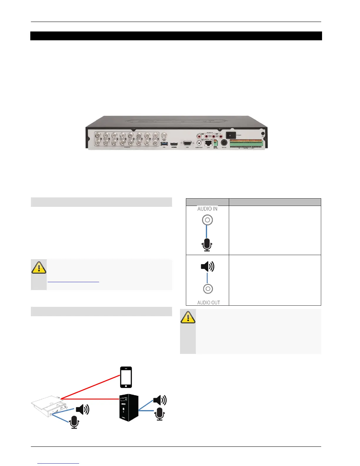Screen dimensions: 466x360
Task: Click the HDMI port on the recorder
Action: pyautogui.click(x=174, y=144)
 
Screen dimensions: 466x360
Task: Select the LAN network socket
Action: pyautogui.click(x=208, y=143)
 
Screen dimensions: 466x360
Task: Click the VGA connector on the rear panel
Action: pyautogui.click(x=187, y=143)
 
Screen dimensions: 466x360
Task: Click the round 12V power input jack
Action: pyautogui.click(x=224, y=143)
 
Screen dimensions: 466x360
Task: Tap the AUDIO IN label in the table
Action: pyautogui.click(x=207, y=209)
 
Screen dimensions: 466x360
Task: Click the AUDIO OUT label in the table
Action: pyautogui.click(x=209, y=302)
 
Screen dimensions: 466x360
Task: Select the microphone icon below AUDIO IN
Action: pyautogui.click(x=207, y=245)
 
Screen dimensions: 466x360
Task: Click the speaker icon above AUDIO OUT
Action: pyautogui.click(x=207, y=267)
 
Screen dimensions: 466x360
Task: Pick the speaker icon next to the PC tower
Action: pyautogui.click(x=160, y=400)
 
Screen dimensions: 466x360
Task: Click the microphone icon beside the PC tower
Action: pyautogui.click(x=160, y=414)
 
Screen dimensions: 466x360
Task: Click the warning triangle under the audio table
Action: pyautogui.click(x=188, y=317)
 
